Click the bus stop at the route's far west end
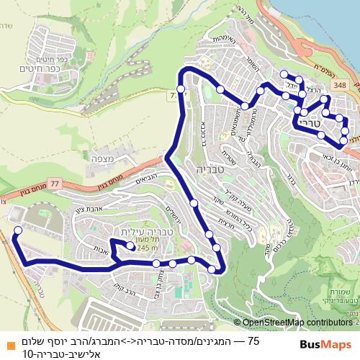[x=18, y=230]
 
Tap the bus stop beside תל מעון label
[x=130, y=246]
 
